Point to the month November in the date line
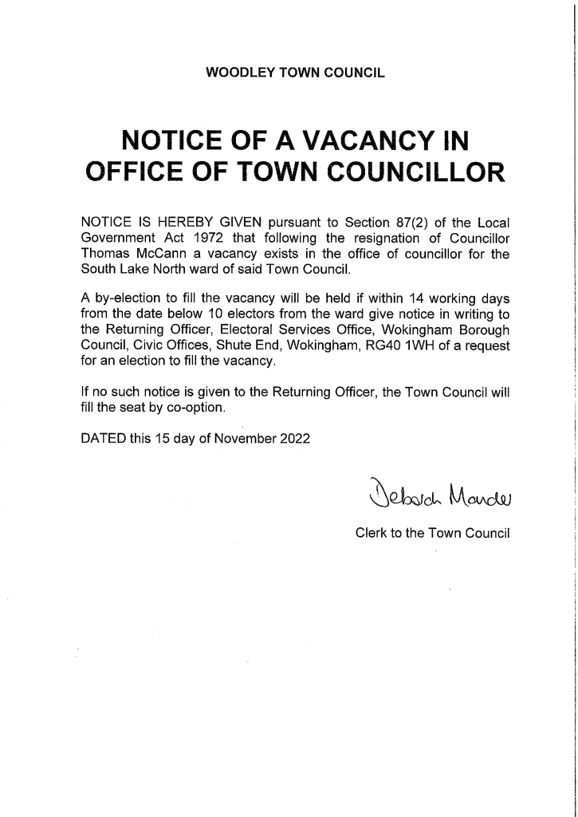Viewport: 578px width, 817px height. click(239, 437)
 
